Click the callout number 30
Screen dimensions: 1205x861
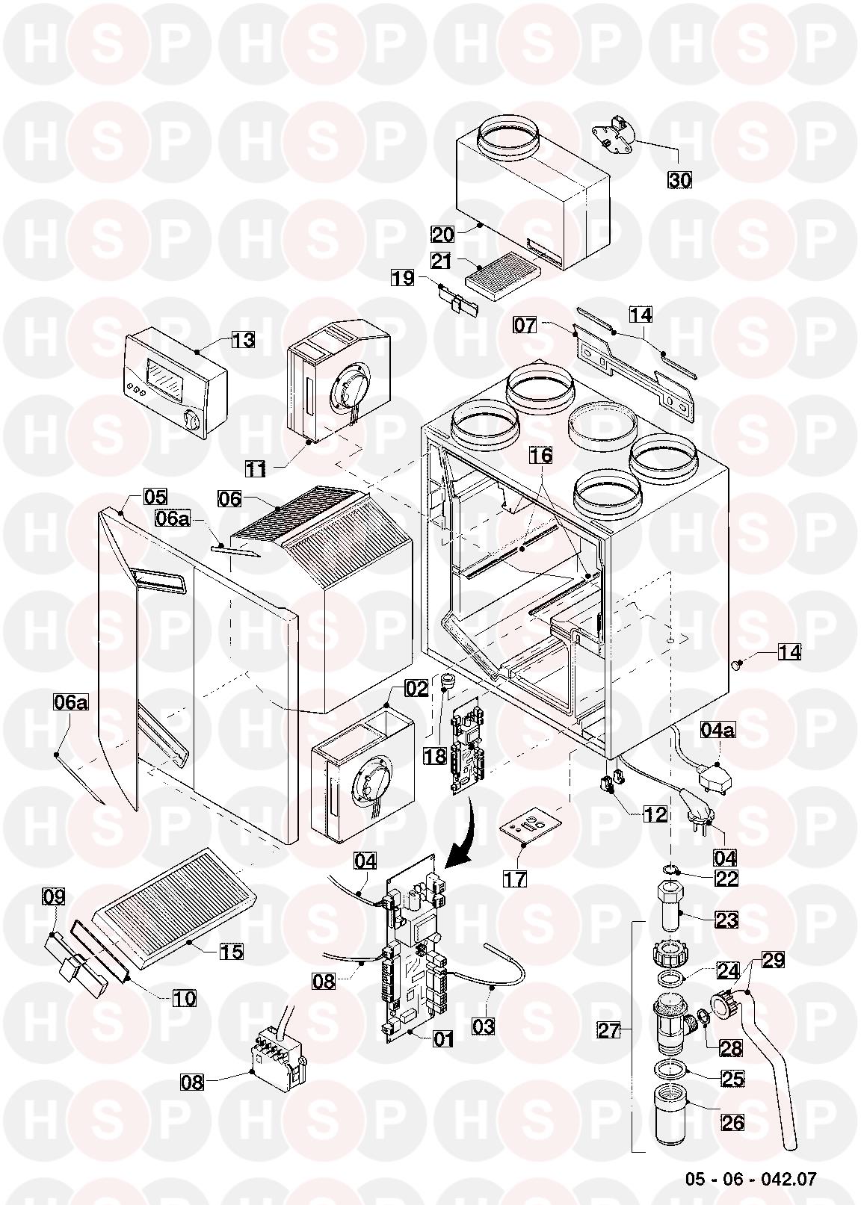pyautogui.click(x=680, y=180)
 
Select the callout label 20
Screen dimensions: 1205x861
pyautogui.click(x=442, y=234)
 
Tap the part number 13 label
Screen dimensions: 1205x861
pyautogui.click(x=243, y=340)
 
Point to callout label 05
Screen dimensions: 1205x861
pyautogui.click(x=155, y=496)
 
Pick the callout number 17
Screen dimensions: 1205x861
pyautogui.click(x=515, y=879)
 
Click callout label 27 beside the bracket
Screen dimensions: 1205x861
pyautogui.click(x=609, y=1031)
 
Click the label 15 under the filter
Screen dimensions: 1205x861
pyautogui.click(x=232, y=951)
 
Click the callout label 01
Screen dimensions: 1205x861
pyautogui.click(x=443, y=1039)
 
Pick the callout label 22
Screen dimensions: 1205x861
pyautogui.click(x=726, y=879)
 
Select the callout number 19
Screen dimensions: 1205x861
pyautogui.click(x=402, y=279)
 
